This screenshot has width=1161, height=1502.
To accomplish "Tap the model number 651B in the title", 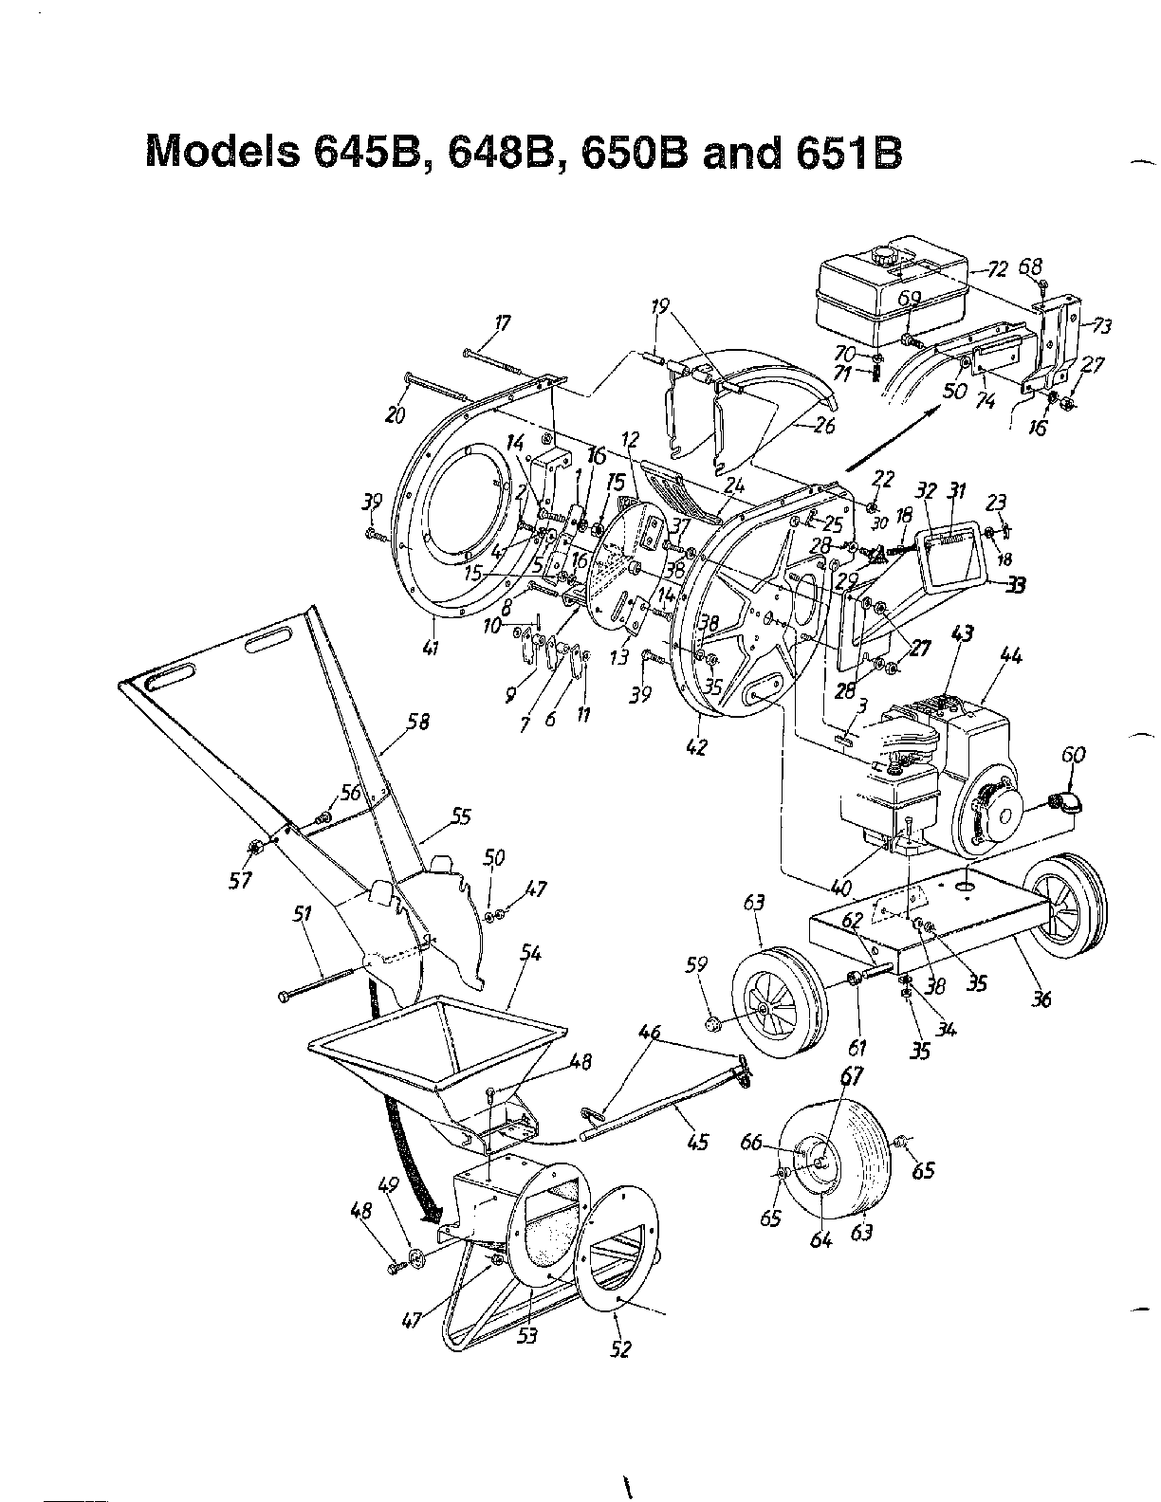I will (x=843, y=151).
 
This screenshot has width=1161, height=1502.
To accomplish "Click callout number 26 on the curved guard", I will (x=824, y=426).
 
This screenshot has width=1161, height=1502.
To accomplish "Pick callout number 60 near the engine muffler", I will (x=1072, y=756).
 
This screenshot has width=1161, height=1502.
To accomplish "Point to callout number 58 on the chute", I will (x=417, y=724).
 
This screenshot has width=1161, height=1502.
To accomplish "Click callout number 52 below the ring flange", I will (x=620, y=1349).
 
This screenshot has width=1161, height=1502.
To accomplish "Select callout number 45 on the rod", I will (x=697, y=1144).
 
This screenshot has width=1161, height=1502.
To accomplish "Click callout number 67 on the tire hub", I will (x=852, y=1076).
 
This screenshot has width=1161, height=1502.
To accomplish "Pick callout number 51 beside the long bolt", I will (x=302, y=913).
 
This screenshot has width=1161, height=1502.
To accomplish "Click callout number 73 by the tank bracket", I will (x=1100, y=328).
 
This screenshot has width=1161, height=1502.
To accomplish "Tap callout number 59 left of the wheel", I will (x=696, y=966).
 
